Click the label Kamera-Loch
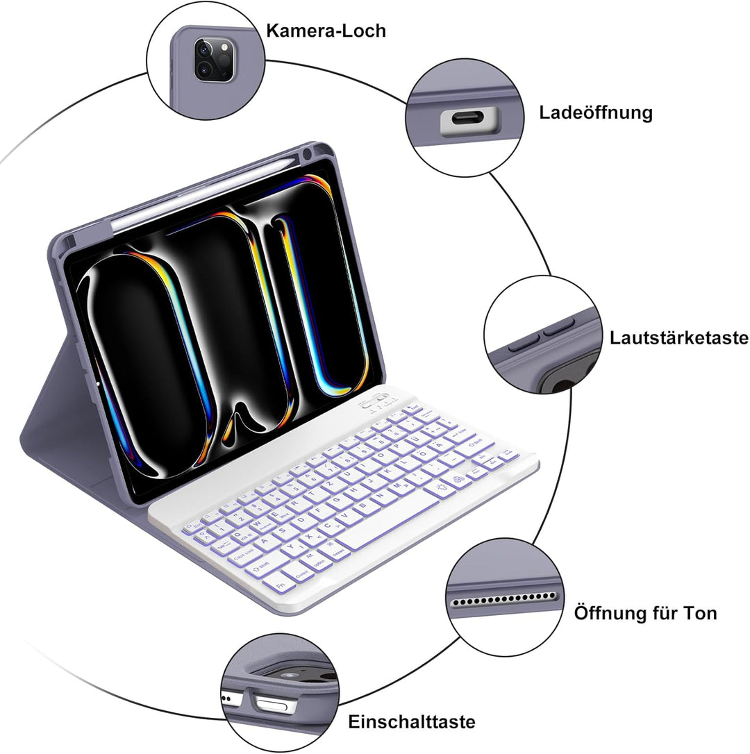[x=326, y=31]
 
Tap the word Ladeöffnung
[x=596, y=113]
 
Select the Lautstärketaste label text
[x=678, y=337]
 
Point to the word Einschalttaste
[x=412, y=721]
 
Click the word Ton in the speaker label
[x=701, y=613]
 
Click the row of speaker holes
[x=503, y=599]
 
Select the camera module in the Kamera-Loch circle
[x=214, y=60]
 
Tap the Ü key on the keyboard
[x=413, y=439]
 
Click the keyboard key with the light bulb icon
[x=440, y=487]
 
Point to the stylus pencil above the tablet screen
[x=207, y=192]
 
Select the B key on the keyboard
[x=362, y=505]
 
